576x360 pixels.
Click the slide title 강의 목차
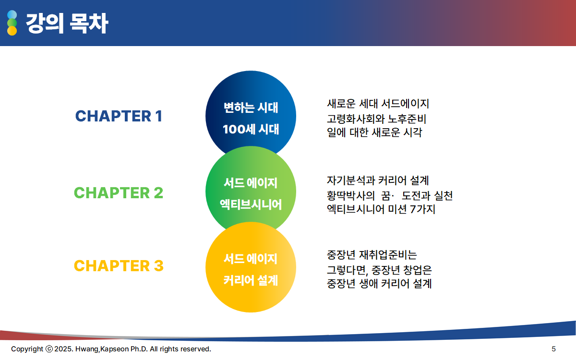point(67,24)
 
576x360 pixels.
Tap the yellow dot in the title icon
point(12,31)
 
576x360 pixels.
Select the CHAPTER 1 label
point(119,116)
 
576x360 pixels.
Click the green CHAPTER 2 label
point(119,193)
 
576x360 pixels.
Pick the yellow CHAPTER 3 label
point(119,265)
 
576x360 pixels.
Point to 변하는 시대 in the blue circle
point(251,108)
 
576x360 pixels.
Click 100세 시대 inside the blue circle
point(251,129)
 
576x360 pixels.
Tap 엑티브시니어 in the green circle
point(251,204)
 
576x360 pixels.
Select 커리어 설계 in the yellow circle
point(251,280)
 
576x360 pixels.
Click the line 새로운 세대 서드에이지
point(378,104)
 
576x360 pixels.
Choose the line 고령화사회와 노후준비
point(377,119)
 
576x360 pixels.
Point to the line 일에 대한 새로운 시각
point(374,132)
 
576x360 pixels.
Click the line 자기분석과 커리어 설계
point(378,180)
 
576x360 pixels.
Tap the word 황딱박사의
point(351,196)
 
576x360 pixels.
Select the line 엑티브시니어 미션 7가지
point(381,209)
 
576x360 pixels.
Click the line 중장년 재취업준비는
point(372,255)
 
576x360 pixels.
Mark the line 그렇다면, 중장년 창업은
point(379,270)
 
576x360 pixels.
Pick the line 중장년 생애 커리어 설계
point(379,284)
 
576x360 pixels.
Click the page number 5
point(553,349)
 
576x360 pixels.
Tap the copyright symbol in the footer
point(49,349)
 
